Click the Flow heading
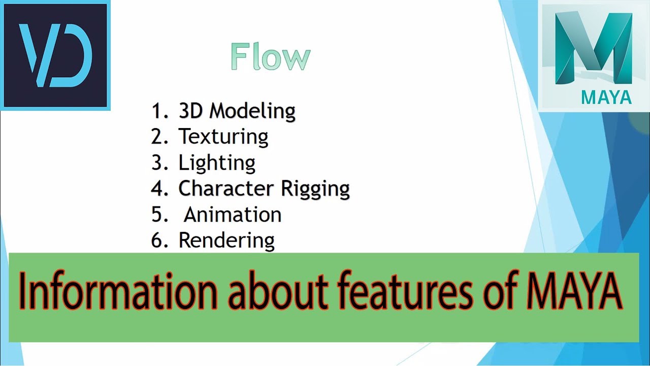[270, 56]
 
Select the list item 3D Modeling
[237, 111]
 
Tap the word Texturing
[223, 137]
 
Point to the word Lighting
[217, 163]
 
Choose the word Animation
[233, 215]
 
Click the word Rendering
[226, 240]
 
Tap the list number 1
[156, 111]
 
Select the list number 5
[157, 215]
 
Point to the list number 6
[157, 240]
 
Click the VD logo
[56, 55]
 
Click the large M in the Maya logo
[593, 48]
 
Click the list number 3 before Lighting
[156, 163]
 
